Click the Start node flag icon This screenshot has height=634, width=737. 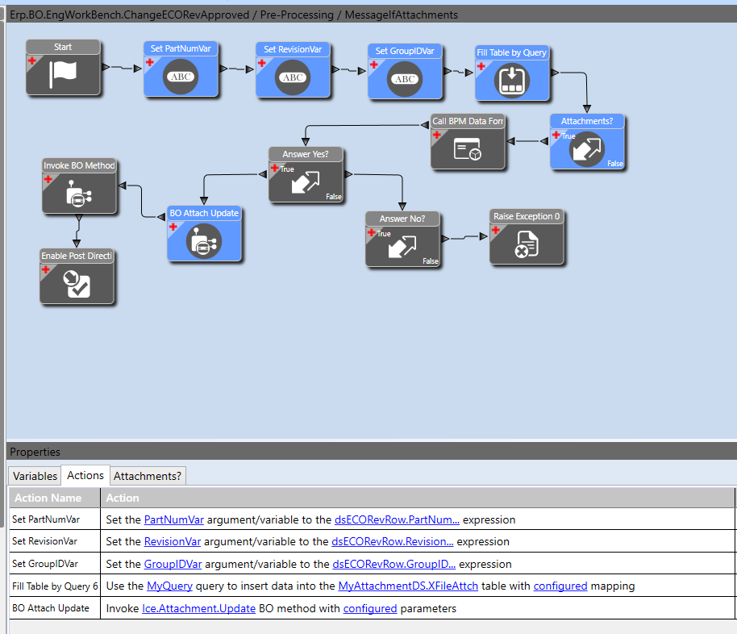[x=63, y=73]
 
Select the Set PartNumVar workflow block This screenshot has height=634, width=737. [x=181, y=69]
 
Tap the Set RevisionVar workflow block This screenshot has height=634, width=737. [x=293, y=70]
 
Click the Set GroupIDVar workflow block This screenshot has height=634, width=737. [x=405, y=72]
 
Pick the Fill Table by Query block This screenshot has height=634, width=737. [x=512, y=73]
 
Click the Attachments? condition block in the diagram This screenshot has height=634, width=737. [x=587, y=142]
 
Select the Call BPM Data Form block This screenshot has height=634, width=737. [x=468, y=142]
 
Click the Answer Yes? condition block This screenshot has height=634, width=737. [x=306, y=174]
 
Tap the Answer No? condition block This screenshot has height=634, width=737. [x=402, y=239]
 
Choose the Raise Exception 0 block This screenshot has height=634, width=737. [x=527, y=236]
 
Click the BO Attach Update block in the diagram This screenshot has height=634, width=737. [x=204, y=234]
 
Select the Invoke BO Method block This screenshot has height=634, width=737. [x=79, y=186]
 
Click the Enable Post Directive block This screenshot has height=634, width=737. [x=77, y=276]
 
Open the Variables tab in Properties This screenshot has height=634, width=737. [x=35, y=476]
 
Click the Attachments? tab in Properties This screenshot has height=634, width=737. [x=148, y=476]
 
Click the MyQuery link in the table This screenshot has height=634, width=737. [x=169, y=586]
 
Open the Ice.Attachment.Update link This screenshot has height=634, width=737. [x=199, y=609]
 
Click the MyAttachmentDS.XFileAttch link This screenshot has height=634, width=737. [x=408, y=586]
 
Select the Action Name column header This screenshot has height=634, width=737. [x=48, y=498]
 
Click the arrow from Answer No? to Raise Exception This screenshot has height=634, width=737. [x=464, y=237]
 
